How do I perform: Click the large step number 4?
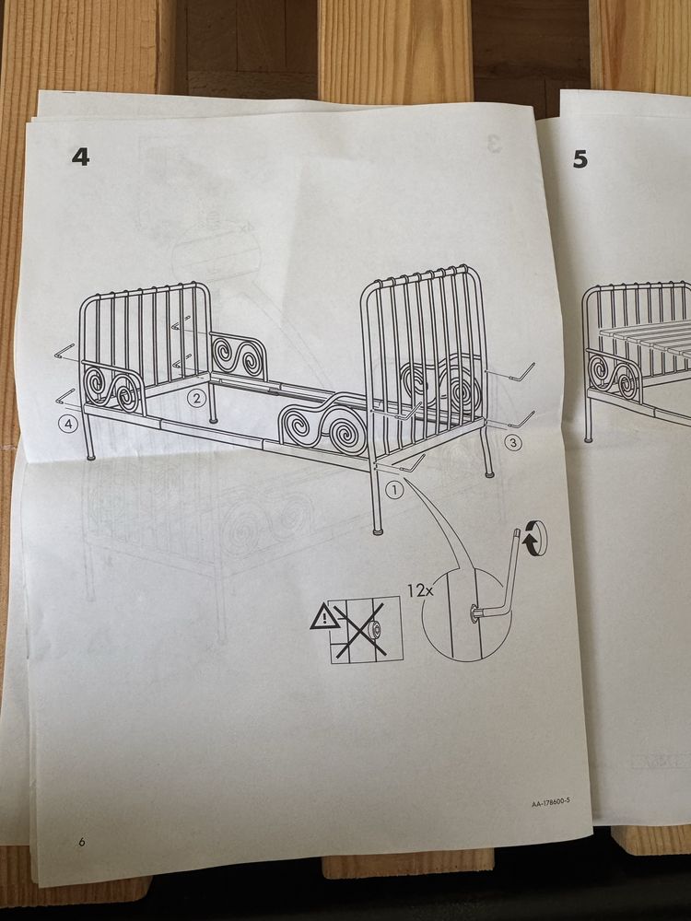80,157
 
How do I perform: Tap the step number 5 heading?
580,159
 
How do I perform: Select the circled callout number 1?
395,489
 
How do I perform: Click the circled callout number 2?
197,398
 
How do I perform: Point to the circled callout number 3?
513,443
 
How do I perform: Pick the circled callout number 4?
69,424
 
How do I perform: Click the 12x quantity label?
421,590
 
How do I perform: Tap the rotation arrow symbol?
534,538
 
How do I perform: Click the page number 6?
82,842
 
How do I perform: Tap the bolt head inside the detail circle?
473,614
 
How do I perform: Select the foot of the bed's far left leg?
90,456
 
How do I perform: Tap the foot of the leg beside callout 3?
489,472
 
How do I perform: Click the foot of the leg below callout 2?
213,421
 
